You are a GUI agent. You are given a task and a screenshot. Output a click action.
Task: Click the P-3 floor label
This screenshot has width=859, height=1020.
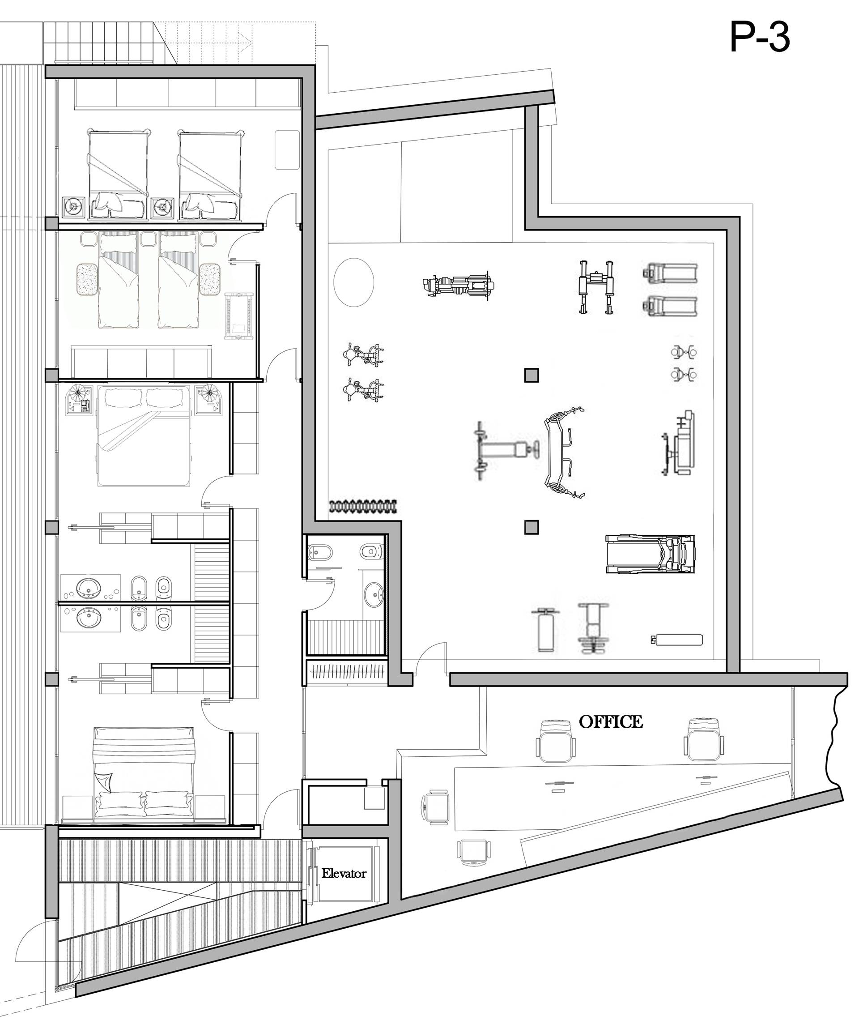point(759,38)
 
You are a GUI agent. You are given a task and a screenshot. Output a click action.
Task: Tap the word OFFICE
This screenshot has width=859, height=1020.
point(611,721)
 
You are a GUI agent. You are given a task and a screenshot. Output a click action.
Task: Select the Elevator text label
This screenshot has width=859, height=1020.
point(344,873)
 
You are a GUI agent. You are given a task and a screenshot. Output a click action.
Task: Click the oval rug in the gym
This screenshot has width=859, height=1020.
point(354,282)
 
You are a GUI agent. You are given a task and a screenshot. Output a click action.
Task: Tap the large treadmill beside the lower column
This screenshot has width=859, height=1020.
point(650,554)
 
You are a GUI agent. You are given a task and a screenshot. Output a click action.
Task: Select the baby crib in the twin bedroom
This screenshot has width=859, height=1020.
point(238,316)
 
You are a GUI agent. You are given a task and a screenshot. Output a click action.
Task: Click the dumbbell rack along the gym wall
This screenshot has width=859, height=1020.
point(363,507)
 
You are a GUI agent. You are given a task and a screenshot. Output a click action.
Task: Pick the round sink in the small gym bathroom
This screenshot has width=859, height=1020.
point(374,595)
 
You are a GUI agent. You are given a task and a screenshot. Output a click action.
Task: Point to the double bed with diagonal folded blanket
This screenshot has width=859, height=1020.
point(143,436)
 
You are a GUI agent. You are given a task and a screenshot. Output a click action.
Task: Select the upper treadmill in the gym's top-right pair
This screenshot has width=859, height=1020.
point(670,273)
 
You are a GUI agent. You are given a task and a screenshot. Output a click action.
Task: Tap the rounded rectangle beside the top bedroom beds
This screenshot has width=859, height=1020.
point(287,149)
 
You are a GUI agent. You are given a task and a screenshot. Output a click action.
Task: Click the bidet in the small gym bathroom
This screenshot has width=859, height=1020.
point(320,552)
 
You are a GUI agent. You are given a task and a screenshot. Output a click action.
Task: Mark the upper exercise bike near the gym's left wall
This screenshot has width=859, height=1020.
point(363,354)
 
